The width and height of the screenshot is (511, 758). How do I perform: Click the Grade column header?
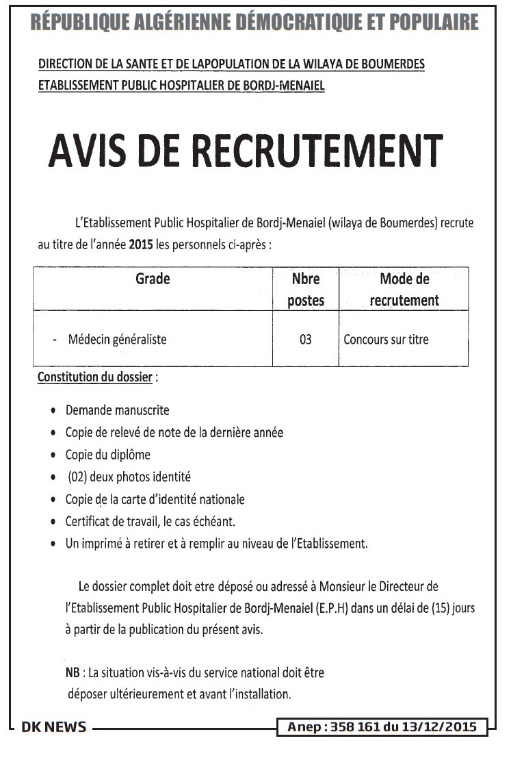coord(153,279)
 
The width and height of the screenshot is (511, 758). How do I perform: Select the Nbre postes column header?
coord(306,290)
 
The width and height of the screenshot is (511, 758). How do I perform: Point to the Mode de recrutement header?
coord(404,290)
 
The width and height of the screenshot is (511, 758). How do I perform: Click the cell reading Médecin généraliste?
coord(117,339)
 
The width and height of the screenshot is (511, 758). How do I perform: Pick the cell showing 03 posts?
coord(306,339)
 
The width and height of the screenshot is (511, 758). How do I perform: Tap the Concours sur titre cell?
coord(386,339)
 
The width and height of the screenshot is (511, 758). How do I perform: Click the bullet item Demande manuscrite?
coord(117,411)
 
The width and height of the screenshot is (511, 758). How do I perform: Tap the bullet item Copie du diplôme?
coord(107,455)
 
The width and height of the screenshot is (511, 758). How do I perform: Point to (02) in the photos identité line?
coord(77,477)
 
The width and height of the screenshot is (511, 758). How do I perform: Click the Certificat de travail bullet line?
coord(150,522)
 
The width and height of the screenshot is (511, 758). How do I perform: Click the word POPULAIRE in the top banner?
coord(436,23)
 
